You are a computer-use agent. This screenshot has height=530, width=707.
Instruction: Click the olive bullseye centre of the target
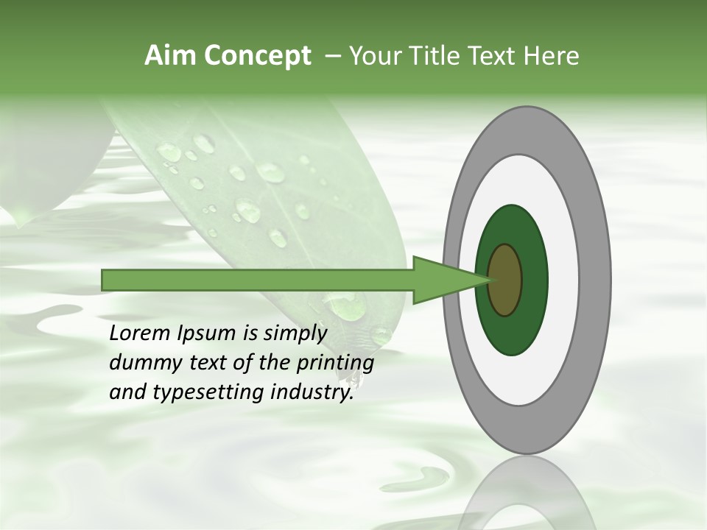(x=506, y=280)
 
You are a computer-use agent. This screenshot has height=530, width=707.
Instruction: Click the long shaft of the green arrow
(x=258, y=280)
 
